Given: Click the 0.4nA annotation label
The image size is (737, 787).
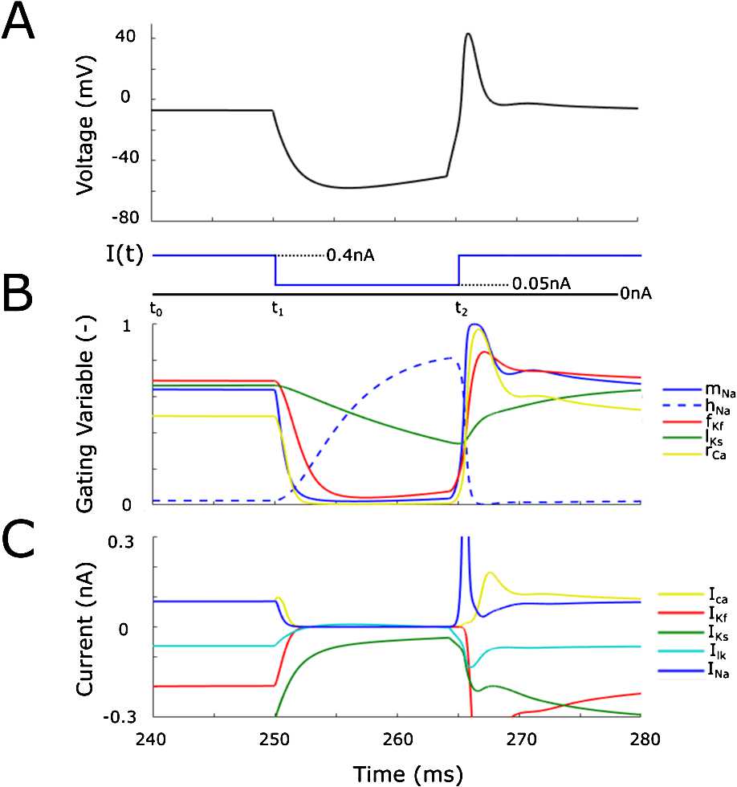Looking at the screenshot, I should (352, 256).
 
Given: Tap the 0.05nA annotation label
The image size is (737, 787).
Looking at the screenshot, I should (534, 283).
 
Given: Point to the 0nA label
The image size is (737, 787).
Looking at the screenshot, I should (635, 295).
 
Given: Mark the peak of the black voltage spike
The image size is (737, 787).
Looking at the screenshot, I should (468, 34).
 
